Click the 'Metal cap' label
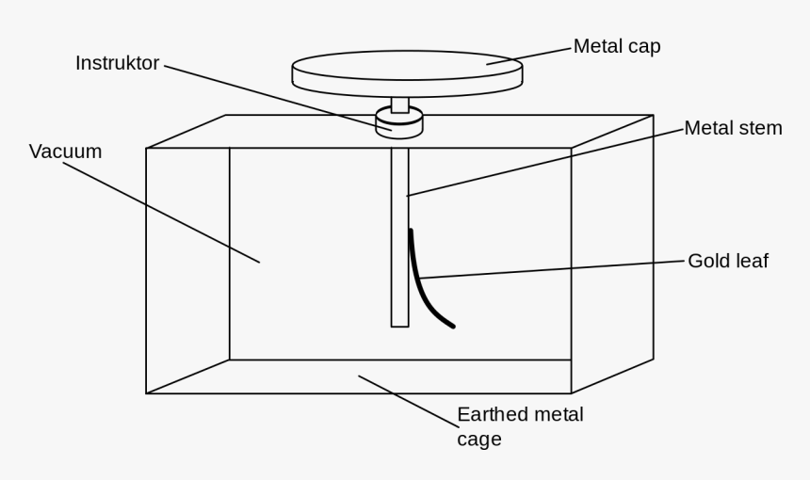pos(617,46)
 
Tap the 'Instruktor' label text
pos(118,63)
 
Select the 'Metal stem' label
pos(733,127)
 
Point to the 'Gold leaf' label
pos(727,261)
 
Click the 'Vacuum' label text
pos(65,151)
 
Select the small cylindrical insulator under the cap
pos(399,123)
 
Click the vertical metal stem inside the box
pos(399,235)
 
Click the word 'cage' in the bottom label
pos(478,439)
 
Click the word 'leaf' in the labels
pos(751,261)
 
